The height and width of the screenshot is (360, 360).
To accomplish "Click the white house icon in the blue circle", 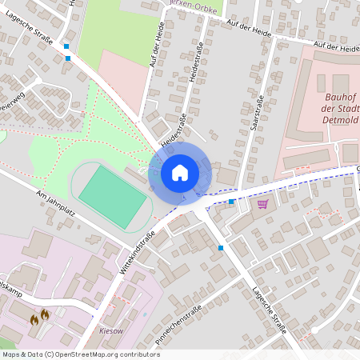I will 180,172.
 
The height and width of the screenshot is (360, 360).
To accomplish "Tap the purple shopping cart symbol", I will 262,204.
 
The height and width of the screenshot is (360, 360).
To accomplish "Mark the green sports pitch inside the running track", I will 112,195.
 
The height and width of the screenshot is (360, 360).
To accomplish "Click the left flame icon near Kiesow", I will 34,319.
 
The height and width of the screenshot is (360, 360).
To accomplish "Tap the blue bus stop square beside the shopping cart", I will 232,202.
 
